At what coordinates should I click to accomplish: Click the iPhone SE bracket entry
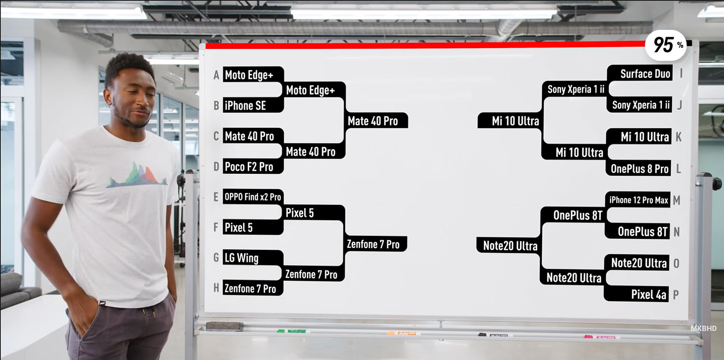coord(253,105)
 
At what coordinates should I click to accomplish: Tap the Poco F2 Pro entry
coord(253,167)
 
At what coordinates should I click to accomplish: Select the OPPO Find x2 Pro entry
coord(253,197)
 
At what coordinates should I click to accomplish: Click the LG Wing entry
coord(253,258)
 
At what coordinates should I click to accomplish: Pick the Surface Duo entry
coord(640,73)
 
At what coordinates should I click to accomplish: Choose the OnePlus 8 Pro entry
coord(639,168)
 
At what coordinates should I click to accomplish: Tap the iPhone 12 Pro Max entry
coord(638,200)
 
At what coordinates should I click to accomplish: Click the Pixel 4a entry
coord(636,294)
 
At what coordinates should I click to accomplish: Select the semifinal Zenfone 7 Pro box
coord(376,244)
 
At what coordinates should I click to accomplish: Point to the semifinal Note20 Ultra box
coord(508,246)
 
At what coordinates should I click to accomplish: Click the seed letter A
coord(216,75)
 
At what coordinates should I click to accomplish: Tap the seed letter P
coord(676,295)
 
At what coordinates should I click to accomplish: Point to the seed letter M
coord(677,200)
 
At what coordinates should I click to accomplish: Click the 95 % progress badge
coord(666,45)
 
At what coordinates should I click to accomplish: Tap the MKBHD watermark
coord(704,328)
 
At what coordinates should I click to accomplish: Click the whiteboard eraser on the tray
coord(224,326)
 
